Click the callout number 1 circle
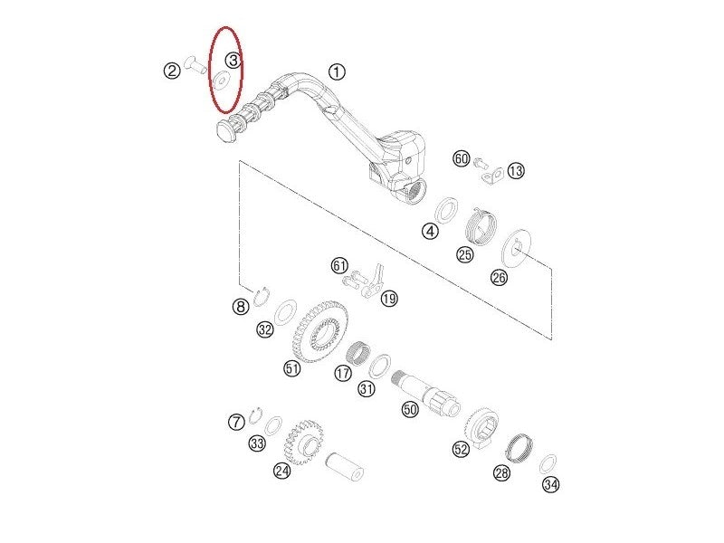pos(336,71)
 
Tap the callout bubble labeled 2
pos(172,71)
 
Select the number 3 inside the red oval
pos(233,61)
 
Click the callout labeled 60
pos(462,159)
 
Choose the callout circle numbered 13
pos(516,170)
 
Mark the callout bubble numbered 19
pos(389,299)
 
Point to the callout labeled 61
pos(339,265)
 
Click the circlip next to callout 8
pos(263,296)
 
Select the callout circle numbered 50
pos(409,410)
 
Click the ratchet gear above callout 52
pos(481,423)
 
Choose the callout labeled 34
pos(550,486)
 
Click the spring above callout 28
pos(519,446)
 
